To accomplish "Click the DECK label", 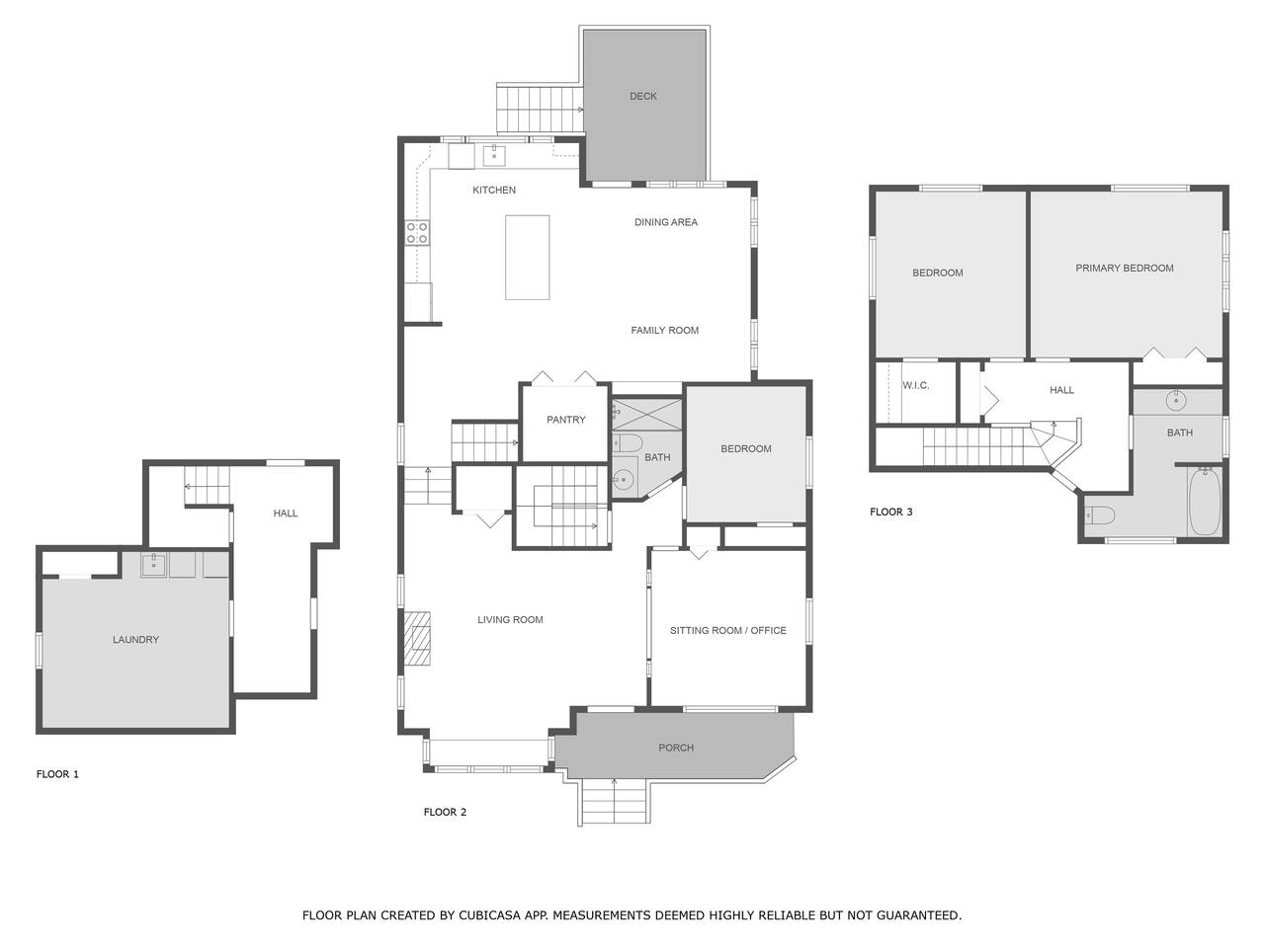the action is (x=642, y=96).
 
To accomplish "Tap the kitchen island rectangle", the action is (x=527, y=258).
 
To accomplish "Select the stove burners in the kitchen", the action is (x=417, y=232).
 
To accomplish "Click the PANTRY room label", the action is (x=565, y=420).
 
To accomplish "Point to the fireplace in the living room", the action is (x=417, y=639).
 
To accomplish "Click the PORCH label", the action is (x=675, y=748).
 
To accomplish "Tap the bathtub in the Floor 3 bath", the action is (x=1205, y=502).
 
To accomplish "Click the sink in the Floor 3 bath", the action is (x=1176, y=400).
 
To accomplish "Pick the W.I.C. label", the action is (x=916, y=385).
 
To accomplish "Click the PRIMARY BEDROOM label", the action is (x=1124, y=268).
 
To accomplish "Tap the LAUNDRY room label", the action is (x=135, y=640).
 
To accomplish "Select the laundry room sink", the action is (x=154, y=565).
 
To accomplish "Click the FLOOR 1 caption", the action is (x=57, y=774).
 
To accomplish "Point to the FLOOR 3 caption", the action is (x=891, y=512).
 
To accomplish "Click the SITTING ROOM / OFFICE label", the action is (x=728, y=630).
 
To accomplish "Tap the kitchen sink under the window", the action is (x=494, y=154).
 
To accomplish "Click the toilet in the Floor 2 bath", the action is (x=628, y=443).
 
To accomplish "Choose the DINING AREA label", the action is (x=666, y=222).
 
